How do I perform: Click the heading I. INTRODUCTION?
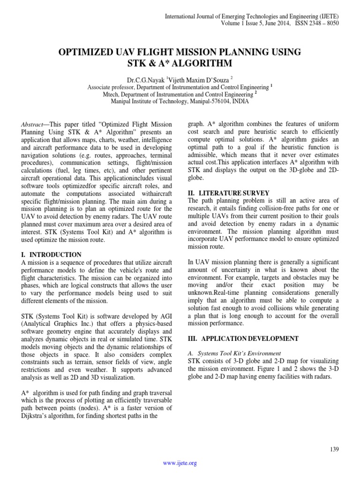[x=52, y=255]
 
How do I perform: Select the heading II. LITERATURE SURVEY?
[x=229, y=193]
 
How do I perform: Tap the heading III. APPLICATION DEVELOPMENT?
[x=243, y=338]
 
